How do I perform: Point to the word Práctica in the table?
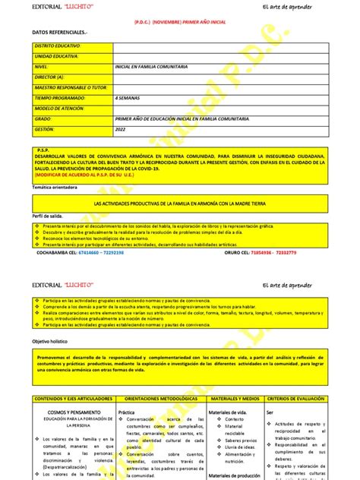[127, 411]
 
